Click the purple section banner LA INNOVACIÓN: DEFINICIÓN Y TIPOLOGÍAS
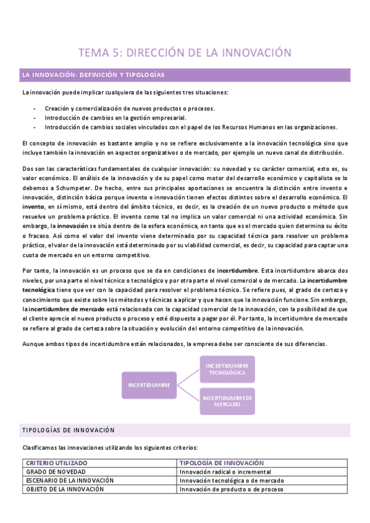click(93, 75)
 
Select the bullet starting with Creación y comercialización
click(129, 108)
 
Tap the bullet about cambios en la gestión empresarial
click(115, 117)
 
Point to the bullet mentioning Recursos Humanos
click(191, 127)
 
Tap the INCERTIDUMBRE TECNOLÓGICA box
click(227, 369)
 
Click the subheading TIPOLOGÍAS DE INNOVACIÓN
click(68, 430)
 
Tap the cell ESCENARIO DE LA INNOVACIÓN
click(70, 480)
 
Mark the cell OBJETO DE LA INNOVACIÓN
click(65, 489)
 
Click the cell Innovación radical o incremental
click(224, 471)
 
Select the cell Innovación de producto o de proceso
click(231, 489)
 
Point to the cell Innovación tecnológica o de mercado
click(230, 480)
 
